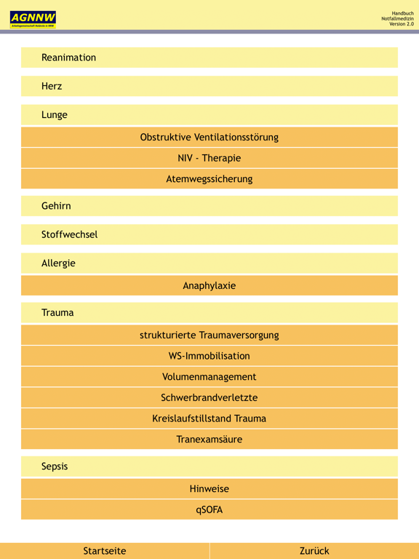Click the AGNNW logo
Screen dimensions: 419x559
[33, 20]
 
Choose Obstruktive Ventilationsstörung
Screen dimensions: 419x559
[209, 137]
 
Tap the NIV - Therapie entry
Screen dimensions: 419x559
[209, 158]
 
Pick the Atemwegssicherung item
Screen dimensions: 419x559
[209, 179]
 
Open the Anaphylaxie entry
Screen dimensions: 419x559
[209, 285]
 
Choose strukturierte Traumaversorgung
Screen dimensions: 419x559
[209, 335]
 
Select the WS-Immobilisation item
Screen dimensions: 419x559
[209, 356]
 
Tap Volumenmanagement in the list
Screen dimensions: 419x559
[209, 377]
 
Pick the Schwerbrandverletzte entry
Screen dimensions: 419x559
[209, 397]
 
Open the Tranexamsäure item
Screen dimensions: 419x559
[209, 440]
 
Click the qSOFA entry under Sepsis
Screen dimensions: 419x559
[209, 510]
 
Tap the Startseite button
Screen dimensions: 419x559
[105, 551]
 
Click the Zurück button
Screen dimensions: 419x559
[314, 551]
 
